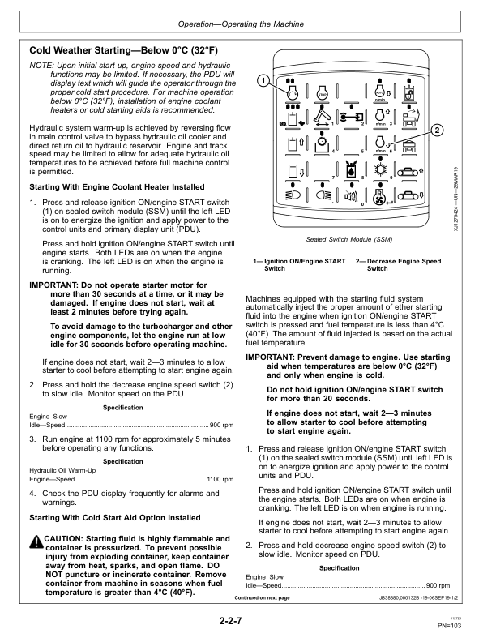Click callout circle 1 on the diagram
click(263, 81)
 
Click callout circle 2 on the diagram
click(438, 131)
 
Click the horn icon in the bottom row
click(351, 195)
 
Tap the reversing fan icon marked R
click(381, 195)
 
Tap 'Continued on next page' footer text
click(262, 597)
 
